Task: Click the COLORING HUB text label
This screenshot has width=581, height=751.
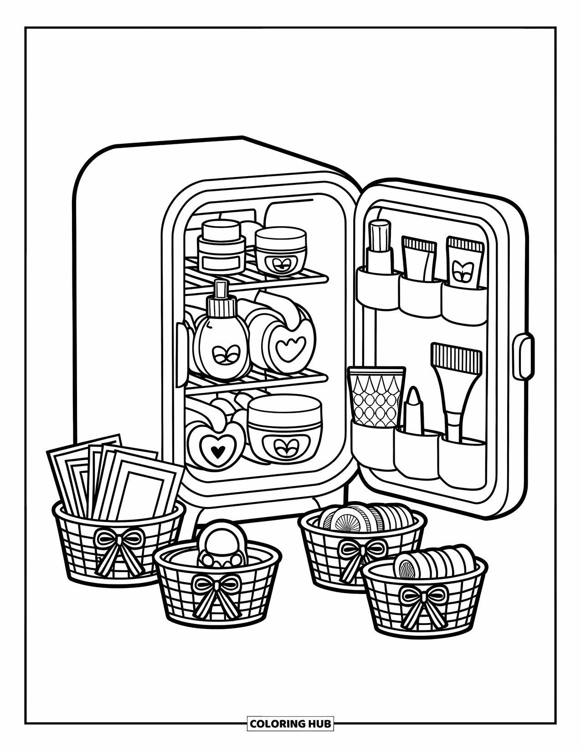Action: pos(290,723)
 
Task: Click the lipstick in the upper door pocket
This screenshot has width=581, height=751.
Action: pos(380,248)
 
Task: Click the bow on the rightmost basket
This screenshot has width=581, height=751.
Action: pos(423,596)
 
